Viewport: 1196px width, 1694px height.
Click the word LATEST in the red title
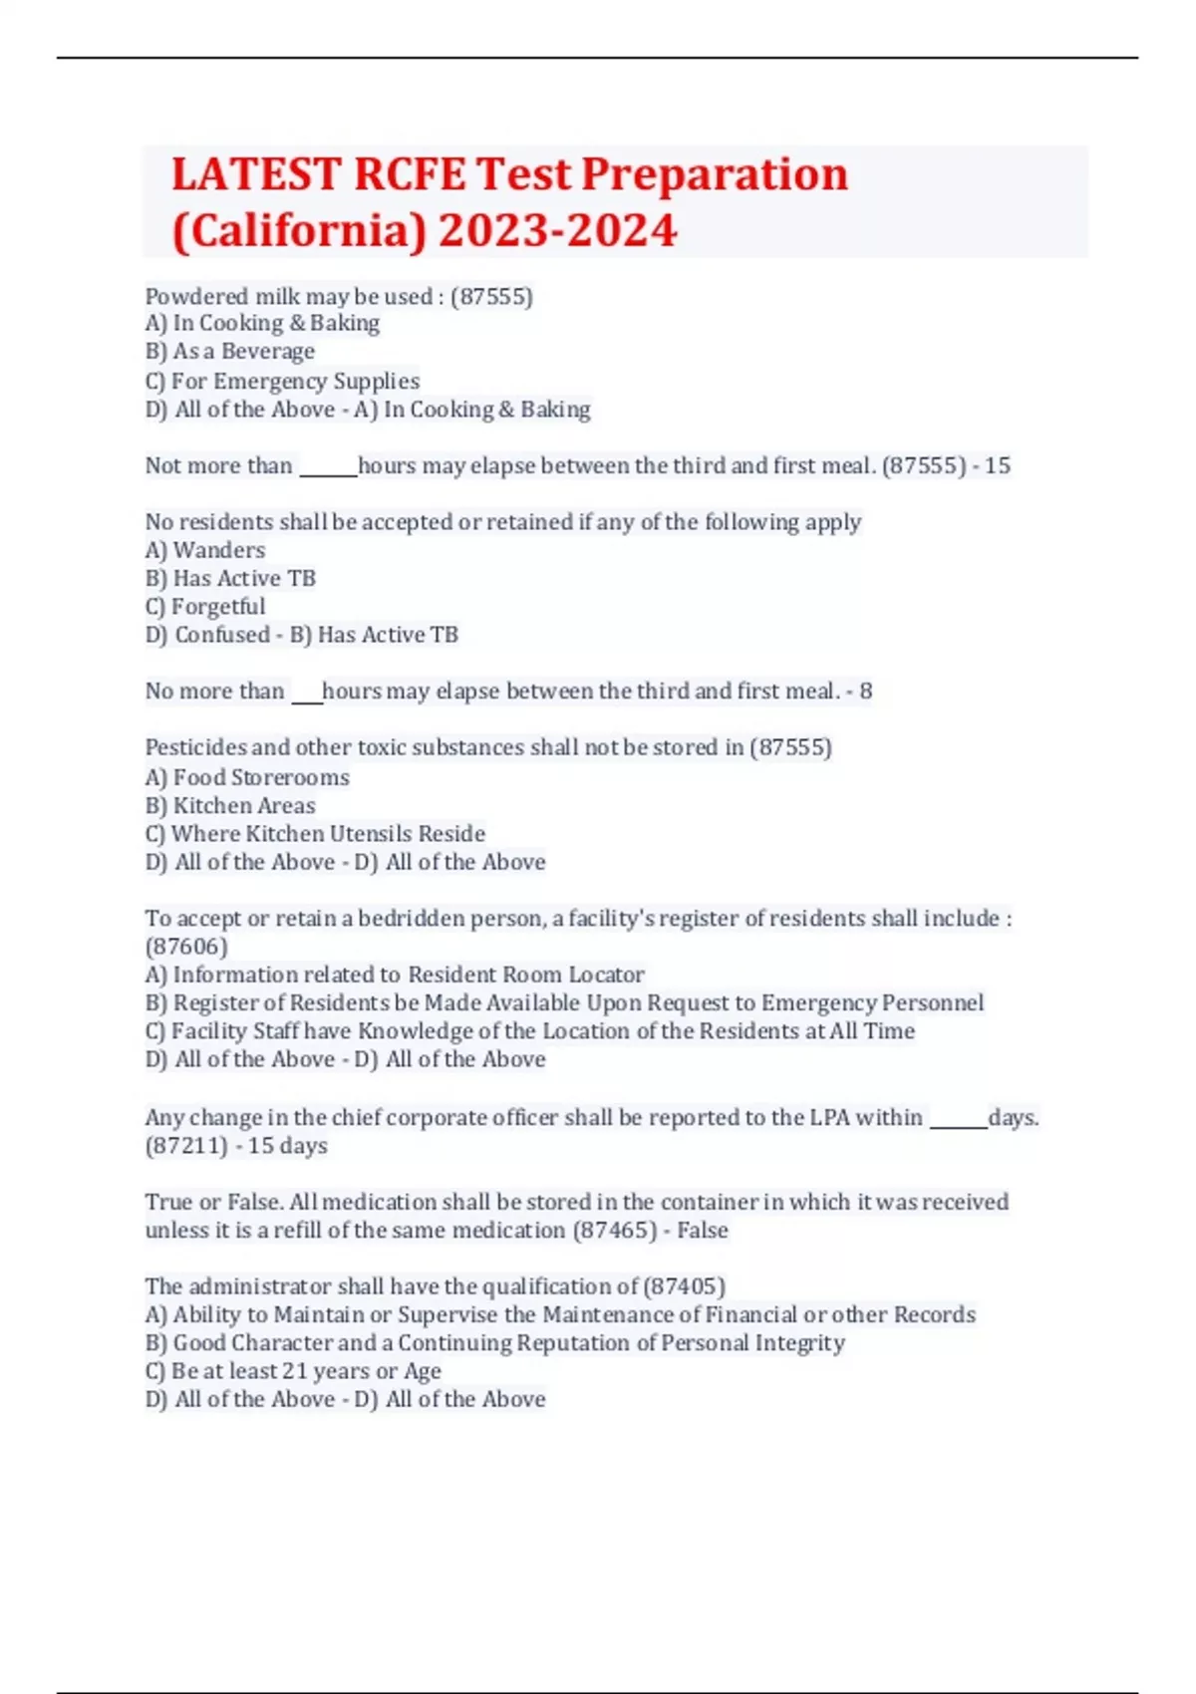257,175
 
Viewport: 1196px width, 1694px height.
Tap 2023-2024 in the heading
557,231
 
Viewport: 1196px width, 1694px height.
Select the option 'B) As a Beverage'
230,352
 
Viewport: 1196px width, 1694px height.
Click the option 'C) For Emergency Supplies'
282,381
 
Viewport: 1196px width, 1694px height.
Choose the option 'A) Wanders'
205,550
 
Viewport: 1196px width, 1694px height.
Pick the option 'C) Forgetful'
205,607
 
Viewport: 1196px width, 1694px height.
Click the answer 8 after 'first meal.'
865,692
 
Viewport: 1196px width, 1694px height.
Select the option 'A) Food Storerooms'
247,777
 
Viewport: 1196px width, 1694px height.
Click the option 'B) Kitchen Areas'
230,805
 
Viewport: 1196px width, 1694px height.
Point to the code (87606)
186,946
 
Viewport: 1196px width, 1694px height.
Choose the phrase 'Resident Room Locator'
526,975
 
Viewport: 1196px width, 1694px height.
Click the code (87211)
186,1146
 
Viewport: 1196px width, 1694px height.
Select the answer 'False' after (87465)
703,1231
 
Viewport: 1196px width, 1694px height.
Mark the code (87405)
685,1286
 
